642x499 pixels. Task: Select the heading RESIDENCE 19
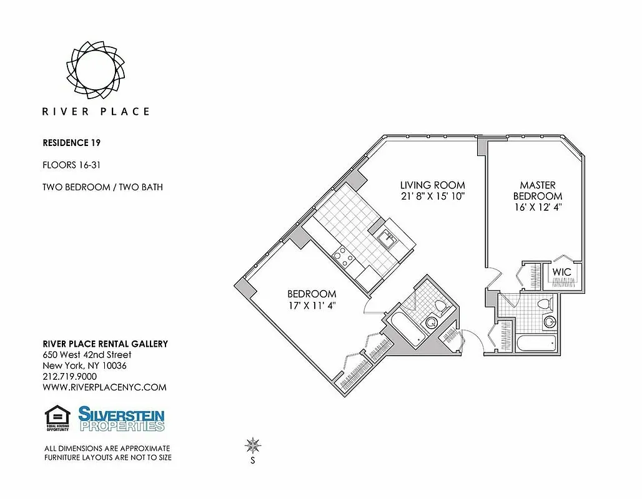coord(71,143)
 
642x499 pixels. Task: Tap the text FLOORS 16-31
coord(71,165)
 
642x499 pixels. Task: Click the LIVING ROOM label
coord(433,185)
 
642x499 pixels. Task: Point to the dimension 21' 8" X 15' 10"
coord(433,196)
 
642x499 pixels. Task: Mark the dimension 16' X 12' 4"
coord(538,208)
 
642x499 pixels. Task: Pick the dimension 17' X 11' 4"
coord(312,305)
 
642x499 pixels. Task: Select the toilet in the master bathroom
coord(545,304)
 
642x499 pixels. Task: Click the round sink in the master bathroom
coord(550,322)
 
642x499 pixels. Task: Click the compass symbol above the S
coord(253,445)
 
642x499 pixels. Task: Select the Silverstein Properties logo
coord(121,419)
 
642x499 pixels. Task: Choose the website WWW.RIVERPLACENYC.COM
coord(104,387)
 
